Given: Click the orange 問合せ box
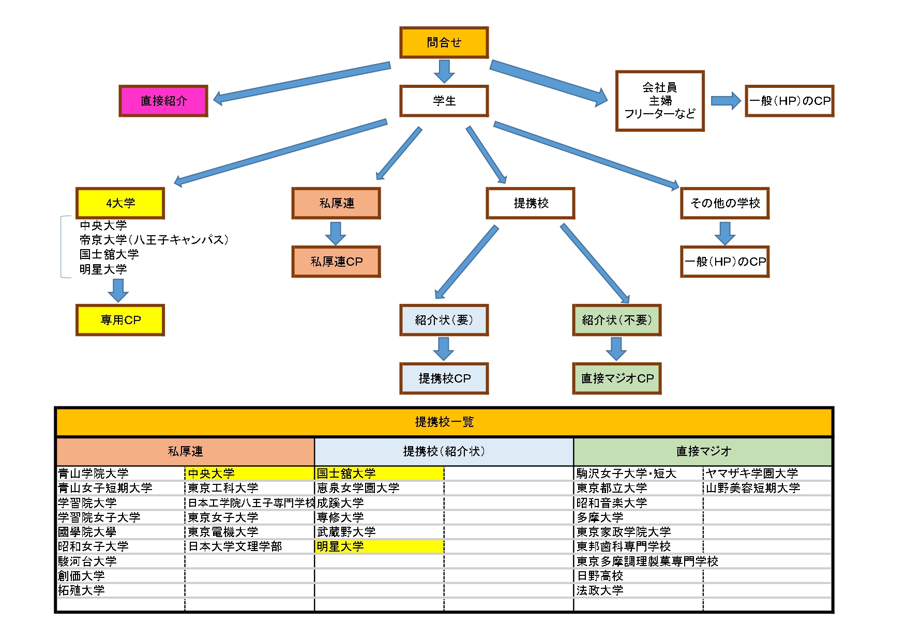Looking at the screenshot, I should pyautogui.click(x=444, y=42).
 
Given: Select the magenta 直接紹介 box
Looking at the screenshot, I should pyautogui.click(x=163, y=101).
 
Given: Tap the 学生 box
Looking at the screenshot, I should pyautogui.click(x=444, y=101).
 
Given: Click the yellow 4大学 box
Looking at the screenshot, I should pyautogui.click(x=120, y=203).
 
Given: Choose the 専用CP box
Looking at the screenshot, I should pyautogui.click(x=120, y=320).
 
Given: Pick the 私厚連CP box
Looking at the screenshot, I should pyautogui.click(x=336, y=262).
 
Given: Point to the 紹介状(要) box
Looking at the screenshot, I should pyautogui.click(x=444, y=320).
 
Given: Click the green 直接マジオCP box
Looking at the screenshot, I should pyautogui.click(x=617, y=378).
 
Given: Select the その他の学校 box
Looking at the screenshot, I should pyautogui.click(x=724, y=203).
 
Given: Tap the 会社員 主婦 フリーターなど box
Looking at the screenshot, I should pyautogui.click(x=660, y=101).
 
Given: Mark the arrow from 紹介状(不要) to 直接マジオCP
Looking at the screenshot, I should pyautogui.click(x=616, y=348).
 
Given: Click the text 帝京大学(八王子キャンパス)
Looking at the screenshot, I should pyautogui.click(x=154, y=240).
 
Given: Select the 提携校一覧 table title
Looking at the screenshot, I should pyautogui.click(x=444, y=422).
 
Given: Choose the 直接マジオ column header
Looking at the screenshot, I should pyautogui.click(x=703, y=451).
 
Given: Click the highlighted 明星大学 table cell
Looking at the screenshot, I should pyautogui.click(x=379, y=546).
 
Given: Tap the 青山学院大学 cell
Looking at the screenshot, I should pyautogui.click(x=93, y=473).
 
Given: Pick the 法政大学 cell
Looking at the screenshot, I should pyautogui.click(x=600, y=590).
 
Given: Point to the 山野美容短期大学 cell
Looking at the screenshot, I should pyautogui.click(x=753, y=488).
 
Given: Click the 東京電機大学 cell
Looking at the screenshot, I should pyautogui.click(x=223, y=532).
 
